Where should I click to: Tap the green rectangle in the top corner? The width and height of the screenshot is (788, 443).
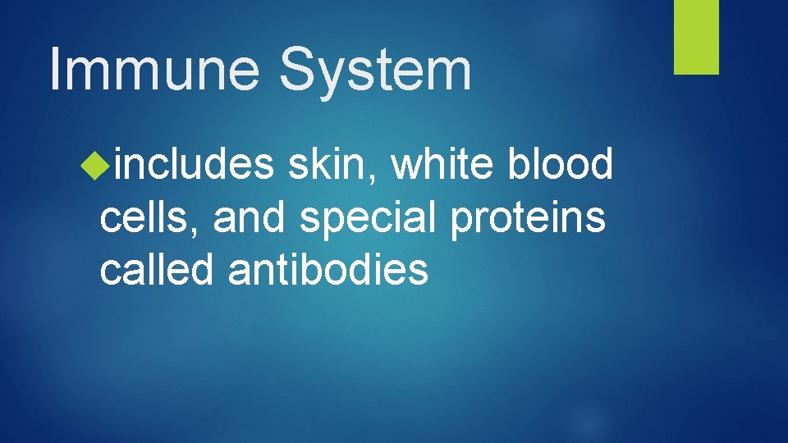[x=696, y=37]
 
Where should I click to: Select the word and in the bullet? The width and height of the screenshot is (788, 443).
[x=250, y=217]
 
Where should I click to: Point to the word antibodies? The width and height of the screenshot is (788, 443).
[x=328, y=270]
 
